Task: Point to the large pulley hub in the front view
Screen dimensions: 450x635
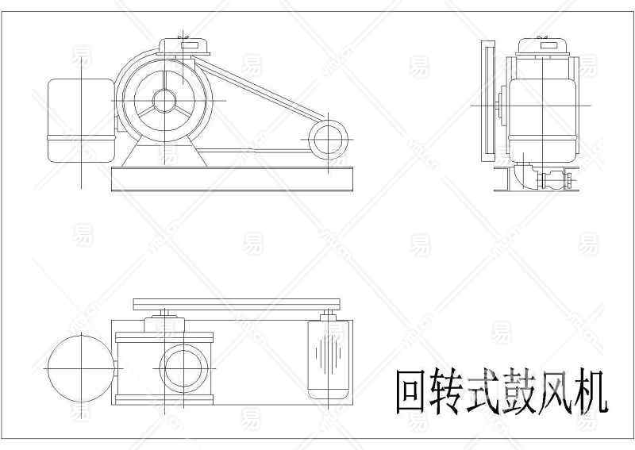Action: coord(164,100)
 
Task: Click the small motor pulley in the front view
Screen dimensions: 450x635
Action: coord(325,140)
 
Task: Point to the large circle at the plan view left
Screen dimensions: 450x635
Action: coord(82,369)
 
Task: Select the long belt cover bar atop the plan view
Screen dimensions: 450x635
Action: coord(237,304)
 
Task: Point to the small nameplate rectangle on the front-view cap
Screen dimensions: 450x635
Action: coord(191,46)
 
